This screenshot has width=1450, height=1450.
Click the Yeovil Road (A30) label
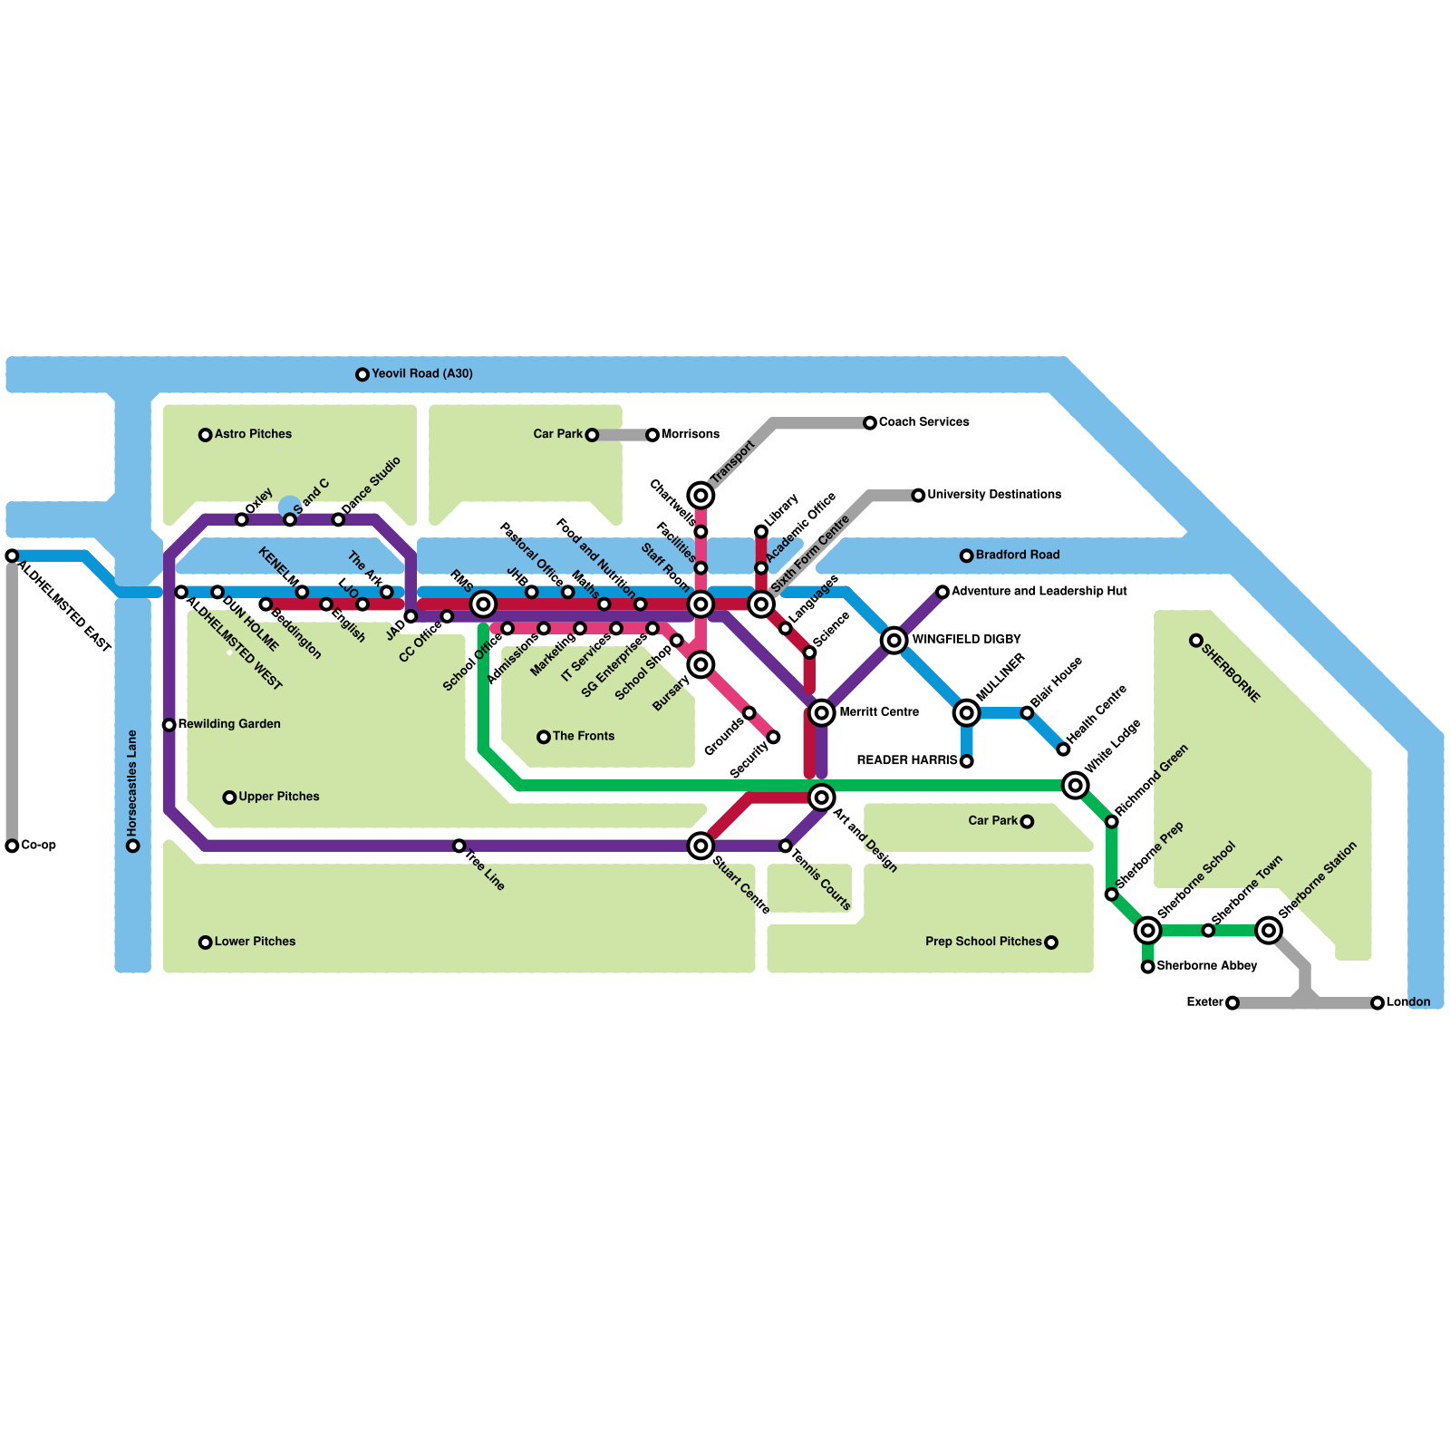point(421,373)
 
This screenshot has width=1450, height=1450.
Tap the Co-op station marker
point(12,846)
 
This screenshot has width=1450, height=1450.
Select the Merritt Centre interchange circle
point(821,712)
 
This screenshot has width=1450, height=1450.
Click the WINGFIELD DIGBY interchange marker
point(894,640)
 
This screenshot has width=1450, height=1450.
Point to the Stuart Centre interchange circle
point(701,846)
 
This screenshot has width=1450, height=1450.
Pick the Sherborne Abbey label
point(1206,966)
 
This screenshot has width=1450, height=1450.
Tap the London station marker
point(1377,1002)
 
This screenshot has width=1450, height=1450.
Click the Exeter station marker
point(1232,1002)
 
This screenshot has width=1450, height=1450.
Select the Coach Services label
point(923,422)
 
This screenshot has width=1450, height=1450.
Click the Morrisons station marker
point(652,435)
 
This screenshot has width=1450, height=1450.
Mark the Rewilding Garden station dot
point(169,724)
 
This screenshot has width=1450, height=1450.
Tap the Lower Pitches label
point(255,942)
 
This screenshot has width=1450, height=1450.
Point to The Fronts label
point(583,736)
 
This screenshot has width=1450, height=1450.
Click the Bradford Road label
point(1017,555)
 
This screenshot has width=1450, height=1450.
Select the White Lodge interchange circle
point(1075,785)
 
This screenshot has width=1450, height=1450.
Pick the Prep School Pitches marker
point(1051,942)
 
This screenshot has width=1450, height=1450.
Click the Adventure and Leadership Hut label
point(1039,591)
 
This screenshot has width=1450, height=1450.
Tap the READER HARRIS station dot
point(967,761)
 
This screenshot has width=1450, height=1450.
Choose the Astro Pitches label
point(253,434)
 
